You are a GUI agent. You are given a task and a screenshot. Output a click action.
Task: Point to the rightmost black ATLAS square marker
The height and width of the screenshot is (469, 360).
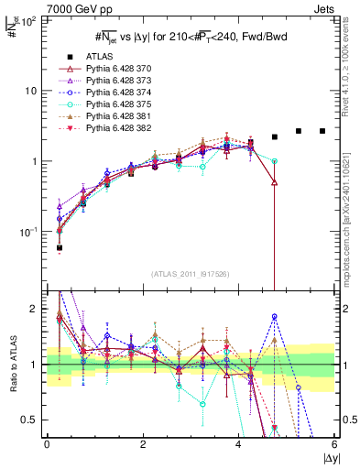point(322,131)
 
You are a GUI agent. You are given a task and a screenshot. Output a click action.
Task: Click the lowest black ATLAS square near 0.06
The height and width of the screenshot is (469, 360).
point(60,247)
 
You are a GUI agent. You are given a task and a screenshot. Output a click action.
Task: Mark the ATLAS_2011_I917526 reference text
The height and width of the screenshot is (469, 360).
point(189,274)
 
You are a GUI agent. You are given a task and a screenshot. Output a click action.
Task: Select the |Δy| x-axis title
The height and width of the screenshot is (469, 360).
point(326,457)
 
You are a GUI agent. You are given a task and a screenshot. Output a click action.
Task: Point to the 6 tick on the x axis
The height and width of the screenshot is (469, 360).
point(335,444)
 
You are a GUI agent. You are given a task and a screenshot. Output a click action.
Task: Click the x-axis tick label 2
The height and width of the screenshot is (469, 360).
point(142,444)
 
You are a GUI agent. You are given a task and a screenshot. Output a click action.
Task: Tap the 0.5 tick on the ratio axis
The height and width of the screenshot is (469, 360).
point(33,420)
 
